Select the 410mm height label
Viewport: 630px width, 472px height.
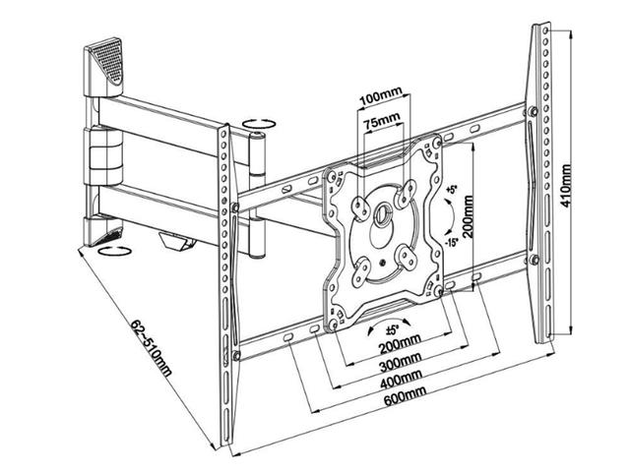coord(566,182)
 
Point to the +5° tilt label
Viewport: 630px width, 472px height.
coord(452,188)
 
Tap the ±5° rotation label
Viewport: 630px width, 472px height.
coord(392,330)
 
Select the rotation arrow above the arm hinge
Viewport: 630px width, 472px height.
coord(259,124)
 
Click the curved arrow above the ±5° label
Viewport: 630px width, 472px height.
coord(391,317)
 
